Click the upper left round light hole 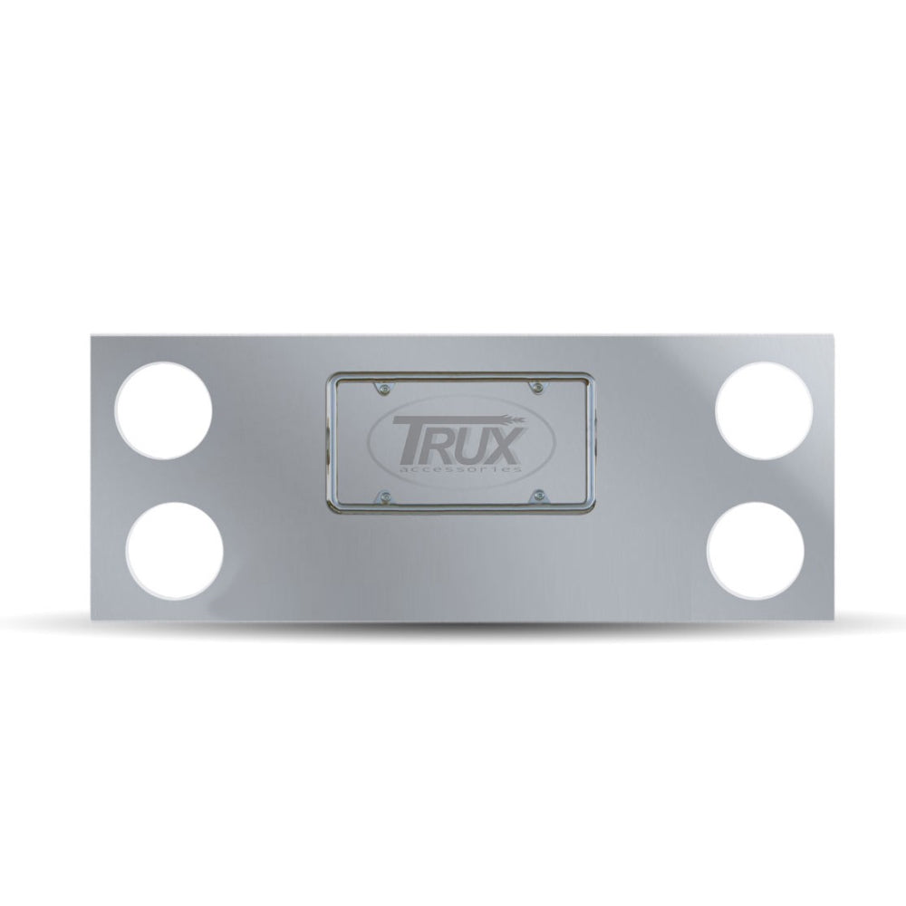165,412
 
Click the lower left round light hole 175,550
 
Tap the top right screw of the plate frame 538,390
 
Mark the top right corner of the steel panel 834,334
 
